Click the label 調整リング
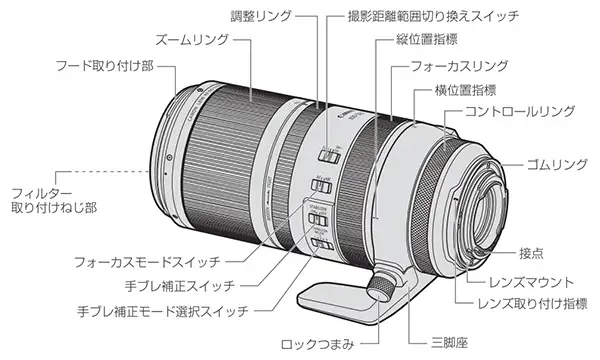click(x=261, y=16)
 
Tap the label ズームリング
click(x=192, y=40)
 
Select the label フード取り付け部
click(x=105, y=66)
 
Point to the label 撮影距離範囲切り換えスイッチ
click(x=433, y=16)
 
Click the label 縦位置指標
click(x=427, y=40)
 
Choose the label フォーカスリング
click(x=459, y=66)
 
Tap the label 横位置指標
click(x=465, y=90)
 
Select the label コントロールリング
click(x=520, y=111)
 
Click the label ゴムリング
click(x=557, y=165)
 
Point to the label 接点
click(x=531, y=253)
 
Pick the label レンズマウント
click(x=532, y=283)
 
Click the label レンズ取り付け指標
click(x=532, y=304)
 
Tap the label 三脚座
click(x=449, y=342)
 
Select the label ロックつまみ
click(x=318, y=344)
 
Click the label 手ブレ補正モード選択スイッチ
click(x=163, y=311)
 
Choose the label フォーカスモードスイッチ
click(x=147, y=262)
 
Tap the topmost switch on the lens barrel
click(x=329, y=156)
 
